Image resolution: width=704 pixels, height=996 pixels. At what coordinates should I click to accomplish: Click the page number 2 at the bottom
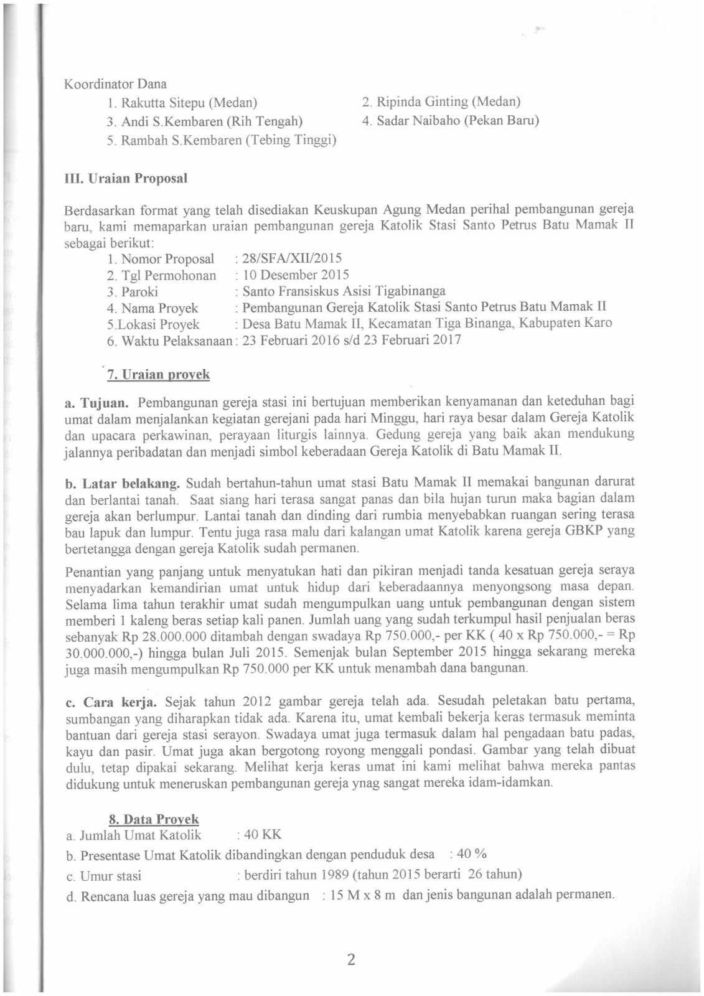click(351, 959)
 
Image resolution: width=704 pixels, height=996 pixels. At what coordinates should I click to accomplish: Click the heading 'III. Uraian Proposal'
click(126, 179)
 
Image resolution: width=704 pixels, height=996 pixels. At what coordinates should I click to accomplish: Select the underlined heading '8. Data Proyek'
click(154, 820)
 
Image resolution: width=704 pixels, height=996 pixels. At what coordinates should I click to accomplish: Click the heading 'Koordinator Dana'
click(116, 83)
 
